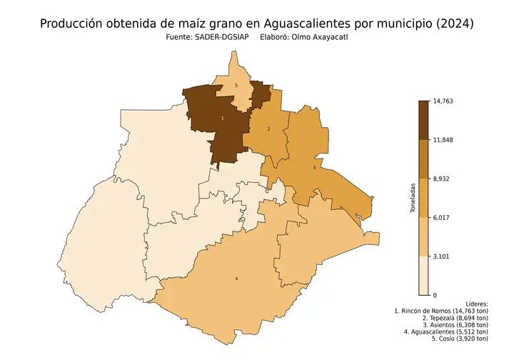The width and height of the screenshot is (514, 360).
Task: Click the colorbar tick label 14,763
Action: tap(443, 101)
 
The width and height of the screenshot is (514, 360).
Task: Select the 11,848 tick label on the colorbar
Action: tap(443, 140)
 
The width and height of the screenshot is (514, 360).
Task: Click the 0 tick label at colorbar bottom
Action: tap(434, 294)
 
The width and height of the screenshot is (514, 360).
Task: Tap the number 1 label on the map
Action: tap(223, 118)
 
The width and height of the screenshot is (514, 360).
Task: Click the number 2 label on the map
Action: tap(268, 129)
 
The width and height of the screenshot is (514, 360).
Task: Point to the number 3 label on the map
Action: tap(314, 168)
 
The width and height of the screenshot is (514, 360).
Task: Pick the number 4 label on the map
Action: tap(236, 278)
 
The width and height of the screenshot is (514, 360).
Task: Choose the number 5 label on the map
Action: tap(236, 86)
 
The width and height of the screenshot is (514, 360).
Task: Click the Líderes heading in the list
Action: tap(475, 304)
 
